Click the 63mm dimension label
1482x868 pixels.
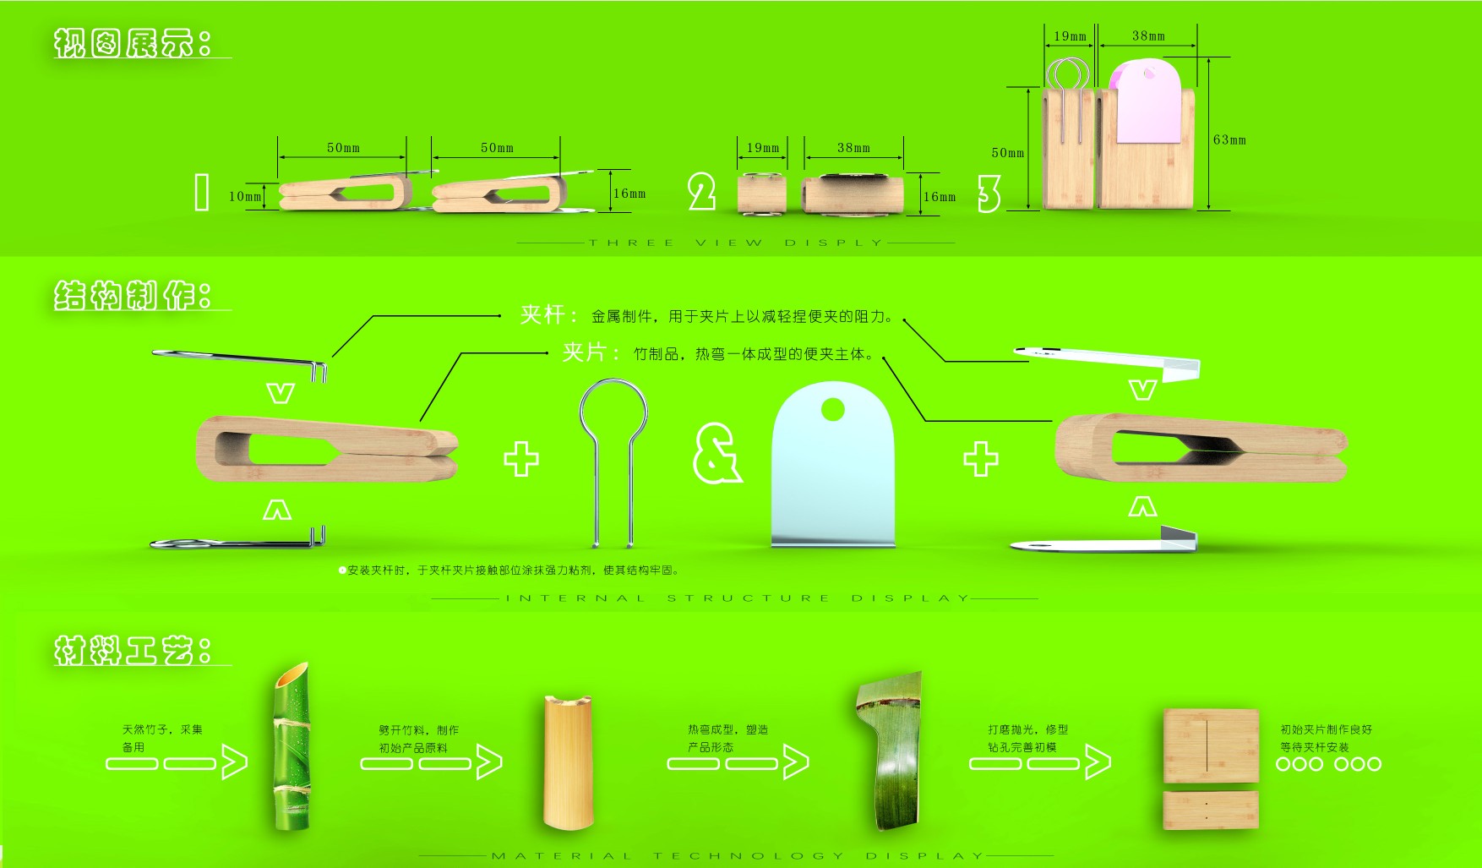(1229, 140)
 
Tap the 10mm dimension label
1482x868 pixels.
(245, 196)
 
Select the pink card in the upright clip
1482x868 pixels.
(1147, 101)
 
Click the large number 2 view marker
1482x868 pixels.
(701, 192)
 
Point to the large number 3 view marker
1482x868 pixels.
(989, 194)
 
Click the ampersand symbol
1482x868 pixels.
(716, 454)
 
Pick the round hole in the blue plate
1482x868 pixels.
(832, 410)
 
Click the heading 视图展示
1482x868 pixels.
(133, 42)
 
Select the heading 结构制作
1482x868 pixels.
(133, 296)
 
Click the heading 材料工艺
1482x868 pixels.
(133, 651)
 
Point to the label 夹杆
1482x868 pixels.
(542, 315)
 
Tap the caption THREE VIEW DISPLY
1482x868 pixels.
(735, 243)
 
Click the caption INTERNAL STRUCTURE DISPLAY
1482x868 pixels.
(735, 598)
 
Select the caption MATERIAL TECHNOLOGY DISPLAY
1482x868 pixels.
(735, 856)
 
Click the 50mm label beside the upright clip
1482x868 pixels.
(1007, 153)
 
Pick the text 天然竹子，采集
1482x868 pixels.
(162, 729)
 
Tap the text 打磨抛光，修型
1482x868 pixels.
(1027, 729)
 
